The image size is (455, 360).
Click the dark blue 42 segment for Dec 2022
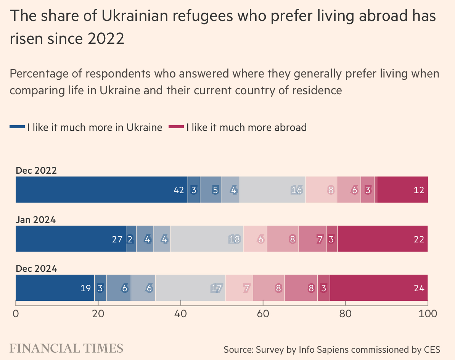101,190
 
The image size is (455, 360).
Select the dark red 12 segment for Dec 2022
402,190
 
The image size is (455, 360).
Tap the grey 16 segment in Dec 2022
272,190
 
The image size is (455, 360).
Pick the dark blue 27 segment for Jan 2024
71,239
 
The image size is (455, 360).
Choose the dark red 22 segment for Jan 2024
383,239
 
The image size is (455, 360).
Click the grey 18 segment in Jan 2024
207,239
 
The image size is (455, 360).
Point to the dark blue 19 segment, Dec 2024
55,288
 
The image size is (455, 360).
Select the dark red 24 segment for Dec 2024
379,288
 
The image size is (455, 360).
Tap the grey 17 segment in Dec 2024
190,288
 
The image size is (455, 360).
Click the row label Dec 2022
36,171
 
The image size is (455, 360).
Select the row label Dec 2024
36,269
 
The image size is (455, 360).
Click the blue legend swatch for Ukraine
17,128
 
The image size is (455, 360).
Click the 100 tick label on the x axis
427,314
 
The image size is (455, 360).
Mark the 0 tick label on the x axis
16,314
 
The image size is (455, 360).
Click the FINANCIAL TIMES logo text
66,348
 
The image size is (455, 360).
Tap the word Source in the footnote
238,350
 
